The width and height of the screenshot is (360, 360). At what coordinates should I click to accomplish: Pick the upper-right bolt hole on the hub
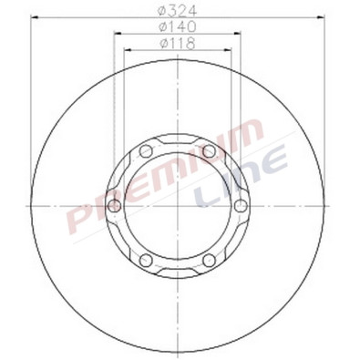tap(209, 150)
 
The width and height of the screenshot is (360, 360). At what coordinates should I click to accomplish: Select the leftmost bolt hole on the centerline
tap(113, 206)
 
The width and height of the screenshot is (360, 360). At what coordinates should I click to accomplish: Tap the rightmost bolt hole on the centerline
tap(240, 206)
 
